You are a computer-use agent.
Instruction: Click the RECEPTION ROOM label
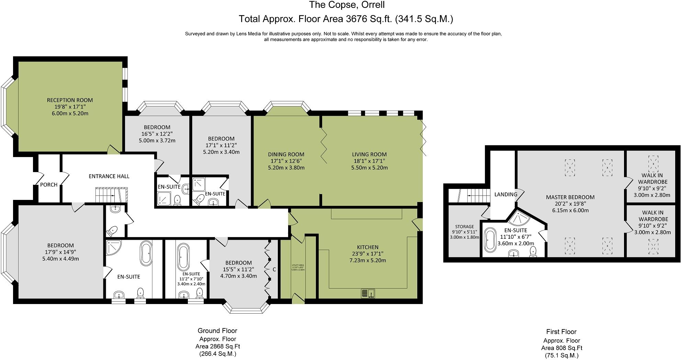[x=70, y=100]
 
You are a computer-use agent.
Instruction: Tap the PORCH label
[x=49, y=185]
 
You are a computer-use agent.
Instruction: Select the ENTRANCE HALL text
[x=109, y=176]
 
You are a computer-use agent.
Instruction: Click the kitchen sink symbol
[x=368, y=293]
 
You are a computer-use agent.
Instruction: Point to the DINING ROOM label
[x=286, y=155]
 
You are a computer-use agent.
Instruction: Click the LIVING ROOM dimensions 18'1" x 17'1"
[x=369, y=161]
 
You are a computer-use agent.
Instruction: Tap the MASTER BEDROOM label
[x=570, y=197]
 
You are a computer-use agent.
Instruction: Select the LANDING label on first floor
[x=506, y=194]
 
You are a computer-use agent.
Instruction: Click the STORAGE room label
[x=464, y=227]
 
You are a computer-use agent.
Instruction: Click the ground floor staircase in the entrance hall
[x=111, y=195]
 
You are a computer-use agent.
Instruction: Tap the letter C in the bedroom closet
[x=274, y=270]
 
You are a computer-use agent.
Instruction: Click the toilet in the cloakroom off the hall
[x=113, y=230]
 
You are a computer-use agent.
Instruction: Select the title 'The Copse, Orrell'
[x=347, y=5]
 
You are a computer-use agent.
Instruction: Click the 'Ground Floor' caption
[x=217, y=331]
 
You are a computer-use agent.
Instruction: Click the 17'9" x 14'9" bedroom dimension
[x=60, y=252]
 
